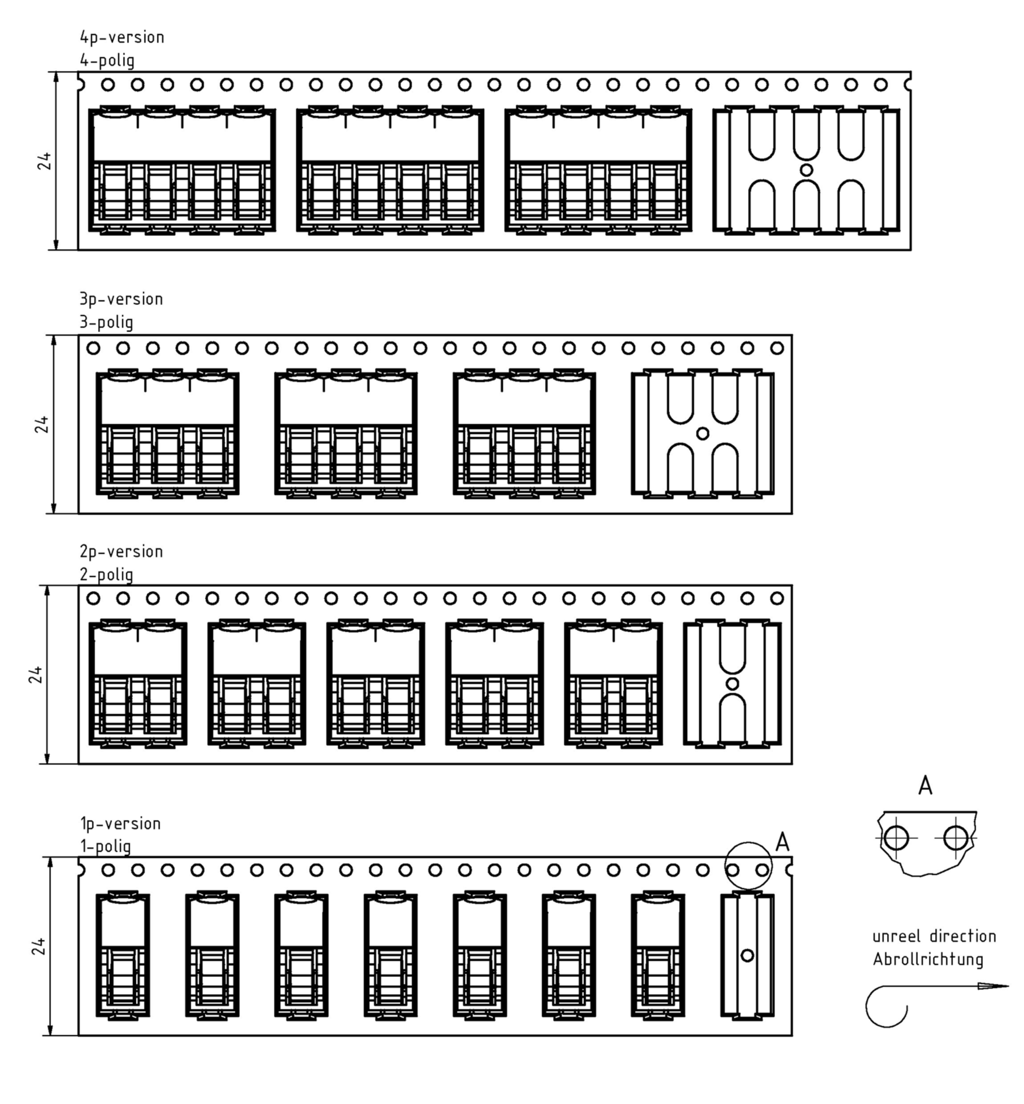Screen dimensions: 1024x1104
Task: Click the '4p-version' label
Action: tap(122, 38)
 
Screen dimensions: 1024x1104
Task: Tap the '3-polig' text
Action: tap(106, 322)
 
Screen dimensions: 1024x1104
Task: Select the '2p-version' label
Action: tap(121, 552)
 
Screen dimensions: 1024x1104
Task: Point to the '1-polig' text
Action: tap(106, 846)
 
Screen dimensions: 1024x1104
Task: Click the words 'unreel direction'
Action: tap(934, 937)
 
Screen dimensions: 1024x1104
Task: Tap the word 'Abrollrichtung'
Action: tap(928, 960)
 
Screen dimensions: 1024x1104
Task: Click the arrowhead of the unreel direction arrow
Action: tap(993, 986)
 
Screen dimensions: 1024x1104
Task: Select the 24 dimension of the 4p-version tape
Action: tap(44, 161)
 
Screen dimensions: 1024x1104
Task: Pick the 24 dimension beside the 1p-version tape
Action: tap(38, 947)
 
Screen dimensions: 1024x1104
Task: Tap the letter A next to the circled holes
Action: tap(782, 842)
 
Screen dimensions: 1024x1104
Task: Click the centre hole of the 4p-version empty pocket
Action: tap(807, 170)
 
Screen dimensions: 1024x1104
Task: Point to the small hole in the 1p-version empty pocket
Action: tap(747, 955)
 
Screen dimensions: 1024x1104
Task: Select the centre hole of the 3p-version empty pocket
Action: tap(702, 433)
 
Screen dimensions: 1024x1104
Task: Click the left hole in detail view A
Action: tap(896, 837)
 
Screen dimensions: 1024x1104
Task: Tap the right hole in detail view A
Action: tap(955, 837)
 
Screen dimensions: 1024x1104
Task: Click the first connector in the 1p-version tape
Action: tap(122, 955)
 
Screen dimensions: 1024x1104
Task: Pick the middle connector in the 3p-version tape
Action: tap(346, 433)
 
